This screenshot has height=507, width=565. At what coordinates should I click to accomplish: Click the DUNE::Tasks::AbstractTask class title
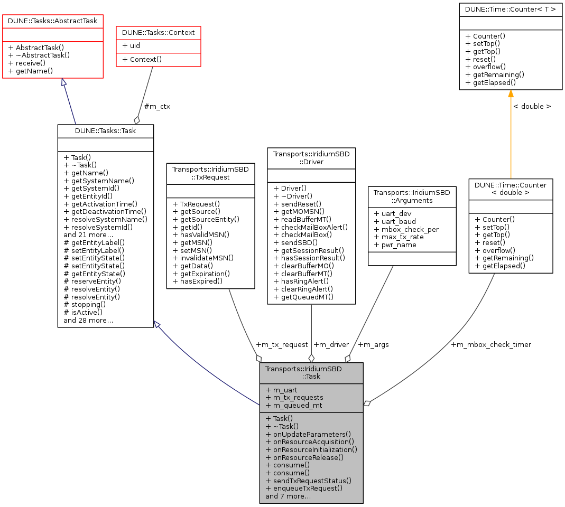(x=53, y=20)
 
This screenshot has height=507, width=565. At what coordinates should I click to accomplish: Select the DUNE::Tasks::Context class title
(x=159, y=32)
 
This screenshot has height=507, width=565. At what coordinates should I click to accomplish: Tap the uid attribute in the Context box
(x=131, y=46)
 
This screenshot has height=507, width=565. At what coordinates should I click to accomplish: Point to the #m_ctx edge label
(x=157, y=106)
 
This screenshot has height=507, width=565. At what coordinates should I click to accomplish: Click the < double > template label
(x=532, y=106)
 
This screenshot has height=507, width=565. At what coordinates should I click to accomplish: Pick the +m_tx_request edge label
(x=282, y=344)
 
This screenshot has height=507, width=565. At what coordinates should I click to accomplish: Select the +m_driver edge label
(x=331, y=344)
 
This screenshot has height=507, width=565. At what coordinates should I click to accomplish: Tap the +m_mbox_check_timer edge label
(x=491, y=344)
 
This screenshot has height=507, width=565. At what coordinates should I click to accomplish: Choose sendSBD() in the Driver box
(x=291, y=242)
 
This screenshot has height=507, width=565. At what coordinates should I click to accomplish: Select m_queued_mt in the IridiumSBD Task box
(x=294, y=405)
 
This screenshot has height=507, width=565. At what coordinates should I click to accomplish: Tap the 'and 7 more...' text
(x=288, y=496)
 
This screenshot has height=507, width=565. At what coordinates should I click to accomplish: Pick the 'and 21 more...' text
(x=88, y=234)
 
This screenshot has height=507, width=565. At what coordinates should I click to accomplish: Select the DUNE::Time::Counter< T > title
(x=510, y=10)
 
